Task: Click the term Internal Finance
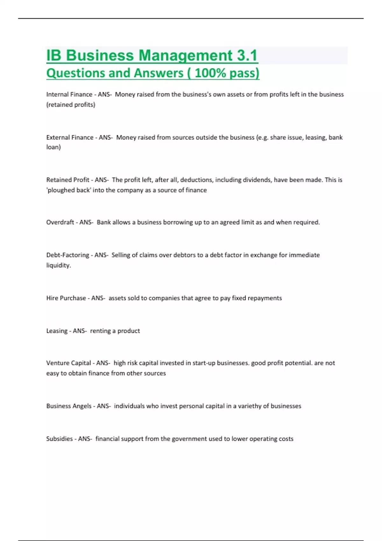[x=69, y=95]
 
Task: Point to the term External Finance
[x=70, y=137]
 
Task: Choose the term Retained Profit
[x=67, y=180]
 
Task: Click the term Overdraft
[x=60, y=222]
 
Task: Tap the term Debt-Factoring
[x=67, y=255]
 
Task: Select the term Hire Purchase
[x=66, y=298]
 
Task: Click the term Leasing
[x=57, y=331]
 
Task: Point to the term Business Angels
[x=69, y=406]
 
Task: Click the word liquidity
[x=58, y=265]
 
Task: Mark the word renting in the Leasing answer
[x=100, y=331]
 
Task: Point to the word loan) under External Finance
[x=53, y=147]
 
